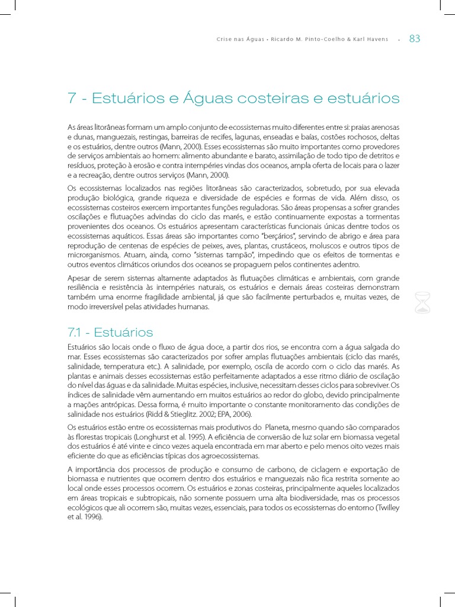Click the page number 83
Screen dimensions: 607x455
415,39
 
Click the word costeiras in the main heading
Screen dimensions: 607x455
273,98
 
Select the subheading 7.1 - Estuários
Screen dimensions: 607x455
111,332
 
